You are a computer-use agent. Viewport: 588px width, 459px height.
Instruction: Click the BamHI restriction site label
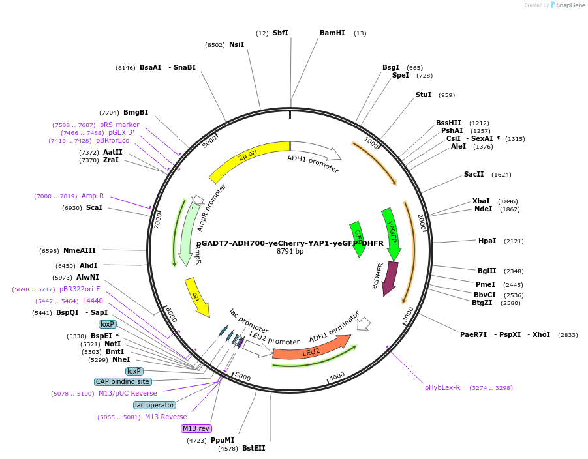coord(332,33)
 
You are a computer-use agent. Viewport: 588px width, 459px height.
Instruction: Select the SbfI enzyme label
coord(281,33)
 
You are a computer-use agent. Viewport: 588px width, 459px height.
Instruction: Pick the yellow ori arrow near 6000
coord(197,297)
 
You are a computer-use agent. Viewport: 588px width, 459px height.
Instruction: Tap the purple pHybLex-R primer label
coord(442,387)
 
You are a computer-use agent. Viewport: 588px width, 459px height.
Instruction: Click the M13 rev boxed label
coord(196,428)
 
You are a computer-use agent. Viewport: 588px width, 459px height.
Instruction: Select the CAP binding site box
coord(123,381)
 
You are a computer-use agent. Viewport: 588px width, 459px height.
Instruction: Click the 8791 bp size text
coord(290,251)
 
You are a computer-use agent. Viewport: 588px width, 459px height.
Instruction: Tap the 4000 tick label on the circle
coord(337,377)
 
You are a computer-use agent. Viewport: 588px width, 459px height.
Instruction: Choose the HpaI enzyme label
coord(487,241)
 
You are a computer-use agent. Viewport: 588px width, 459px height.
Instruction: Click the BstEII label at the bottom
coord(254,448)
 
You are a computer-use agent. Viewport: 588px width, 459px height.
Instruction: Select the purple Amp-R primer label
coord(93,196)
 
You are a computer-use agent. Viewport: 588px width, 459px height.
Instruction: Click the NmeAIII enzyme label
coord(80,250)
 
